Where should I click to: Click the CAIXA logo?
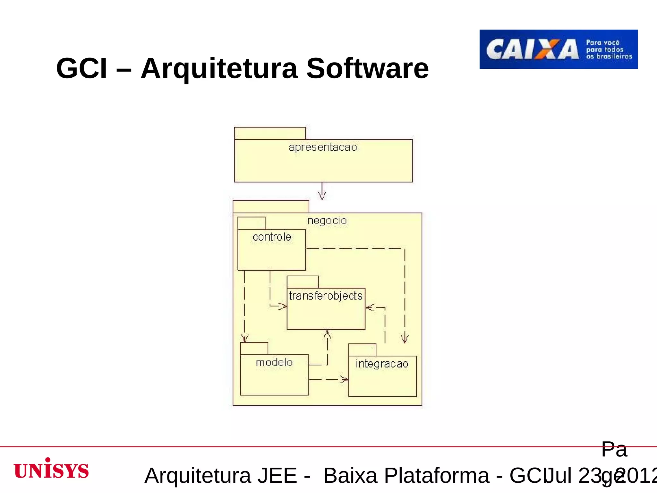click(558, 49)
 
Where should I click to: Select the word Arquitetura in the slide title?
click(219, 69)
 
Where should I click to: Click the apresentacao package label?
click(323, 147)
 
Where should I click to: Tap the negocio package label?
click(327, 221)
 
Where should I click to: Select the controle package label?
click(272, 237)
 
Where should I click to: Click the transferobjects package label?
click(326, 296)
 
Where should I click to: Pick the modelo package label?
click(274, 362)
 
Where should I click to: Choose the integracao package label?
click(382, 364)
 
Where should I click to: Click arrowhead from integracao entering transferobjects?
click(370, 308)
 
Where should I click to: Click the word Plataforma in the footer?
click(437, 475)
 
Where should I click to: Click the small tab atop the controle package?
click(251, 223)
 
